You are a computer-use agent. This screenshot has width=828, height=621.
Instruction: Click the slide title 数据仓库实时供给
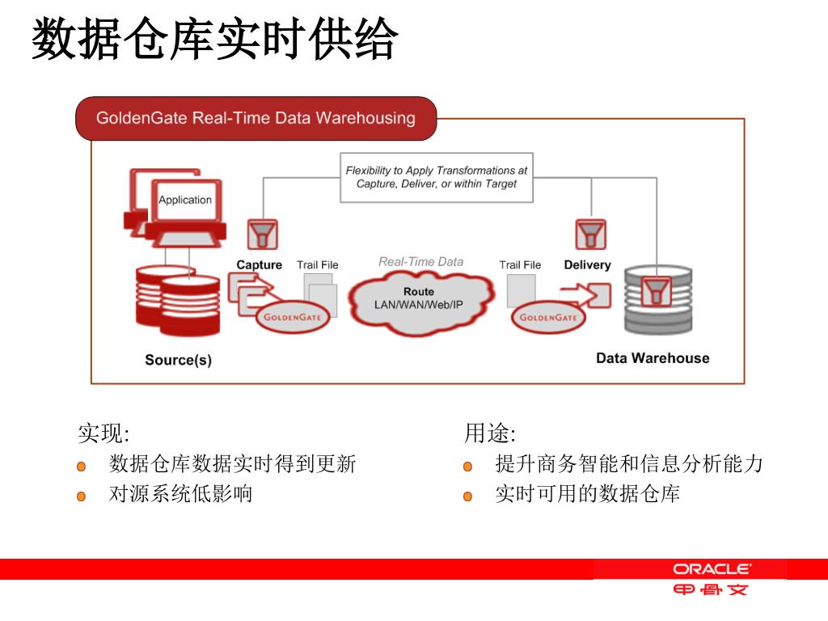(215, 40)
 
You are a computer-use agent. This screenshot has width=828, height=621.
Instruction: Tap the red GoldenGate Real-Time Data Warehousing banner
(256, 118)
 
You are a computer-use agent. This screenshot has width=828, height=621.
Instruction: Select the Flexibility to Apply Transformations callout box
(437, 177)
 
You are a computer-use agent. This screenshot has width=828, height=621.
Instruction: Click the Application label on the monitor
(185, 200)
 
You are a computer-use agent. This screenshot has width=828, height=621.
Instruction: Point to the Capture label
(259, 265)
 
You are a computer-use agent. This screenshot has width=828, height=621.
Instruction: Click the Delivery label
(587, 265)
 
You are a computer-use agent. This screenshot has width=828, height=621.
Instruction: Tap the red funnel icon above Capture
(262, 234)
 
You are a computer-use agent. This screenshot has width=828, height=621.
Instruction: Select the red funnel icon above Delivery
(591, 234)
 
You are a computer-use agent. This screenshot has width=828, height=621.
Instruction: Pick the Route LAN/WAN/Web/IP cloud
(419, 298)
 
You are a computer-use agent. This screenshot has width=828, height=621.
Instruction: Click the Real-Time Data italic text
(420, 262)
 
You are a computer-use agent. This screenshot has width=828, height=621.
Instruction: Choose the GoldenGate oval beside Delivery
(548, 317)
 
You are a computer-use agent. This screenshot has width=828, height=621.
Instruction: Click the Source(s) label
(178, 360)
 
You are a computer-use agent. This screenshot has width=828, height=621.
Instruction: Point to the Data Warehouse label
(653, 358)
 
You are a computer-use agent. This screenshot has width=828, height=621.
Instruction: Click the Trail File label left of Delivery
(520, 265)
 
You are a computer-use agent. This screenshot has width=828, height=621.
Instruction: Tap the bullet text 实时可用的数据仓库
(587, 493)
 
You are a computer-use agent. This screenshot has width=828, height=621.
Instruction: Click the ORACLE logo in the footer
(712, 569)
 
